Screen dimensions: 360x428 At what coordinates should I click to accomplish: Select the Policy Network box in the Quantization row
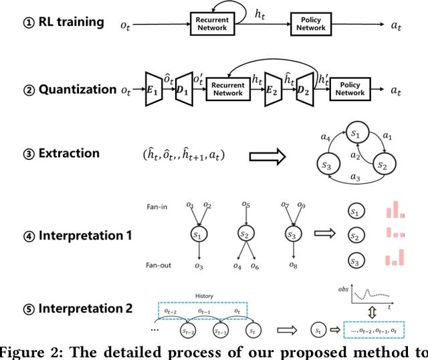click(x=350, y=88)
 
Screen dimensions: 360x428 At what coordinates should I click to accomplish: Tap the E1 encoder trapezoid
click(x=152, y=90)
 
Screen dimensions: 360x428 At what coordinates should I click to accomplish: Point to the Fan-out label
click(x=158, y=266)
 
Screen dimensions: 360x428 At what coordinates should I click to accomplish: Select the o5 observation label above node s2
click(x=247, y=205)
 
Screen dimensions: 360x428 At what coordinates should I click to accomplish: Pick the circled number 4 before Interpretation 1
click(x=27, y=236)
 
